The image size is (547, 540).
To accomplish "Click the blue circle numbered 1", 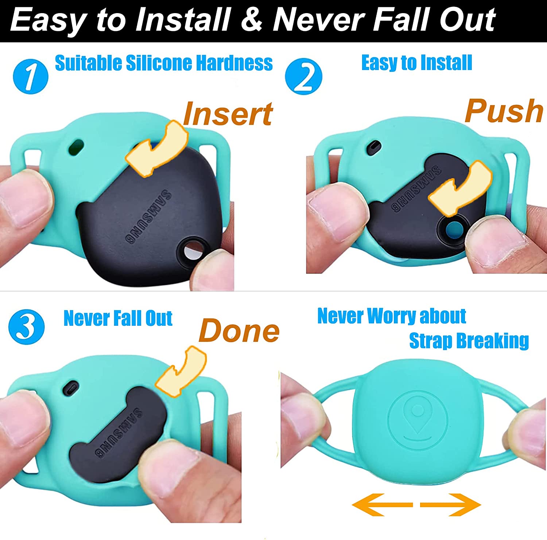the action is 31,77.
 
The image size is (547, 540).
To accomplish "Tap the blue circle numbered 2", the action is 303,77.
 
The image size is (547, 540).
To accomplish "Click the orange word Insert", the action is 228,114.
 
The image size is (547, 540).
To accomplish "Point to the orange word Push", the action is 504,111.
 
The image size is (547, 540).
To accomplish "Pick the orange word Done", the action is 239,330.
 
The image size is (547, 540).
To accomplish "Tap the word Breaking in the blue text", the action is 493,341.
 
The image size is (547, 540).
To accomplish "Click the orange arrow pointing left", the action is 382,504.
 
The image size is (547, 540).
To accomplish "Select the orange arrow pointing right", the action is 451,504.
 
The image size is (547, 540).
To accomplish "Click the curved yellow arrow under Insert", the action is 157,149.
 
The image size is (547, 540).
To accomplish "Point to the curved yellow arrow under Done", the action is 181,372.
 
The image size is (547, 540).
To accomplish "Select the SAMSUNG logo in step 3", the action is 119,433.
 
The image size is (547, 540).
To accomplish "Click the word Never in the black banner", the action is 319,20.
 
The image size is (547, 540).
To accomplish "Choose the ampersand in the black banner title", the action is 251,20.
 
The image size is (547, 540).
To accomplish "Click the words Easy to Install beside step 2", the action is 417,63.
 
